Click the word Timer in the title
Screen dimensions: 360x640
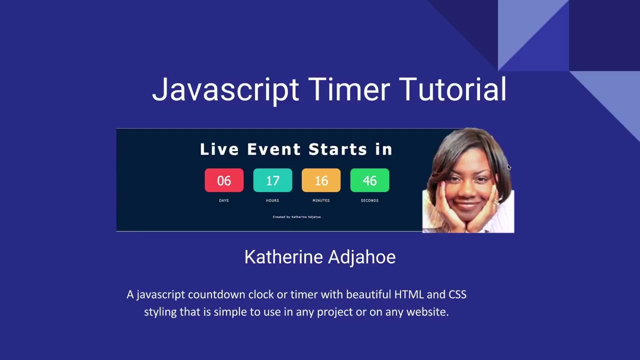click(x=348, y=89)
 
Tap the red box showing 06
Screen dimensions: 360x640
click(x=224, y=180)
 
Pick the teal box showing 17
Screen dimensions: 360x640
click(x=272, y=180)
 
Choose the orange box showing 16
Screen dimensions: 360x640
click(x=321, y=180)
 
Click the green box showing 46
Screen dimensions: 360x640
click(x=369, y=180)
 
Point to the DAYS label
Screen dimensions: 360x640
click(x=224, y=200)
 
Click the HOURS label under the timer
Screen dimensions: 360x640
click(x=272, y=200)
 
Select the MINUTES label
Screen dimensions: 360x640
click(x=321, y=200)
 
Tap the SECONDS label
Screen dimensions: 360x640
click(x=369, y=200)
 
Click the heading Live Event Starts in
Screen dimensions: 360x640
click(x=296, y=149)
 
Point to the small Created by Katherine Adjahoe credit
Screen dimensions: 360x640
click(x=296, y=217)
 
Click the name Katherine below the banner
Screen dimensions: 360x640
click(x=283, y=257)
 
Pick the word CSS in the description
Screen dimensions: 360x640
click(x=457, y=294)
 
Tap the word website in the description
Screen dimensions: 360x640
click(x=426, y=312)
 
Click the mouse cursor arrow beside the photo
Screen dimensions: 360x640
click(x=508, y=167)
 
